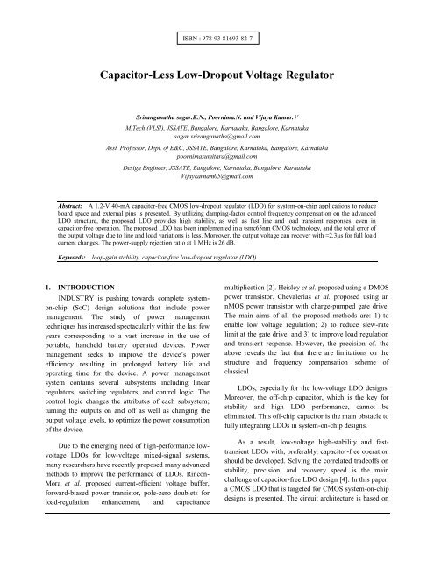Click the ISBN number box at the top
pyautogui.click(x=217, y=41)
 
